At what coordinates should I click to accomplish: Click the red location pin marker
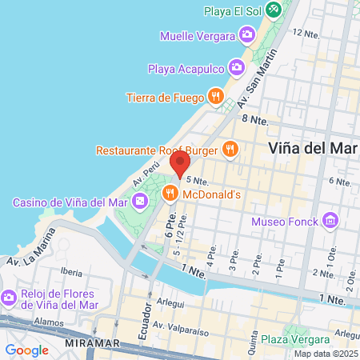pyautogui.click(x=181, y=164)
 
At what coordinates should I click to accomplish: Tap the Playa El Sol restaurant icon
pyautogui.click(x=274, y=10)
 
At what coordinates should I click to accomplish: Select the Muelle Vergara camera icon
pyautogui.click(x=246, y=34)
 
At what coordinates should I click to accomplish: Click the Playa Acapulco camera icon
pyautogui.click(x=237, y=66)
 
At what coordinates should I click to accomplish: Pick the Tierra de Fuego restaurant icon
pyautogui.click(x=215, y=98)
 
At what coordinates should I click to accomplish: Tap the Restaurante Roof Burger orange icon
pyautogui.click(x=230, y=148)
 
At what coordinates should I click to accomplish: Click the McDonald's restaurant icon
pyautogui.click(x=170, y=194)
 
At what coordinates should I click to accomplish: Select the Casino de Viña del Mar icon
pyautogui.click(x=140, y=201)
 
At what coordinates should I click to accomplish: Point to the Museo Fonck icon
pyautogui.click(x=330, y=220)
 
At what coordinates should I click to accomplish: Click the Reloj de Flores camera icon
pyautogui.click(x=9, y=297)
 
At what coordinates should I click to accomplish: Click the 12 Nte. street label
pyautogui.click(x=306, y=34)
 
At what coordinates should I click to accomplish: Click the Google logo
pyautogui.click(x=26, y=350)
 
